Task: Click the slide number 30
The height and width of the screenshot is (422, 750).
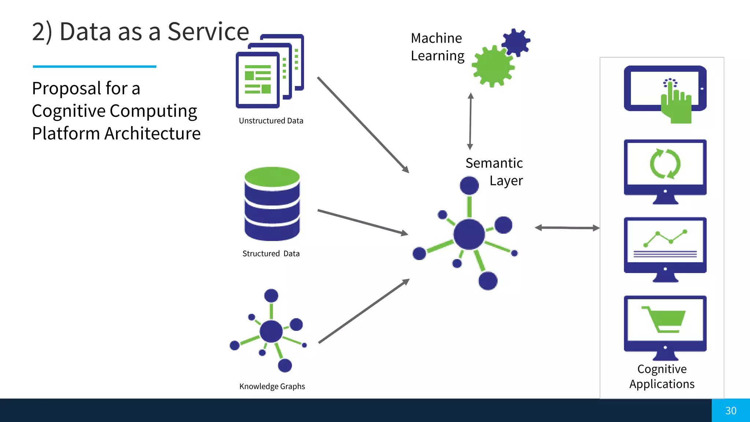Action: coord(731,411)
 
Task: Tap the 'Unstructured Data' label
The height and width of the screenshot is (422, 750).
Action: coord(271,121)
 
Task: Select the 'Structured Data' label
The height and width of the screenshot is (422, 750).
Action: coord(271,253)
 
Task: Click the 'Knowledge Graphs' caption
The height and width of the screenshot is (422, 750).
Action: coord(272,386)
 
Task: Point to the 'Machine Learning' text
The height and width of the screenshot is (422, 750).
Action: coord(437,47)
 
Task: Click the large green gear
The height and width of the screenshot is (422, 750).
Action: coord(492,66)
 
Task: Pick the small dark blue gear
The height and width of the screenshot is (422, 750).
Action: coord(516,42)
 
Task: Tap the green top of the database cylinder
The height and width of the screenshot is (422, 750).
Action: coord(272,176)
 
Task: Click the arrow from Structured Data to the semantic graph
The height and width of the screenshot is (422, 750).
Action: coord(363,222)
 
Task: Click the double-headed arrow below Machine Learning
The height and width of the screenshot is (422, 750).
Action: coord(471,121)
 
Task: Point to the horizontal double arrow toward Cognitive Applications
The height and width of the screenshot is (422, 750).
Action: coord(567,228)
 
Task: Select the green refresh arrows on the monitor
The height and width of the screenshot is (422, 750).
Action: coord(665,164)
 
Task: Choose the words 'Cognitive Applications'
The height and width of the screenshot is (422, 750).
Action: coord(662,377)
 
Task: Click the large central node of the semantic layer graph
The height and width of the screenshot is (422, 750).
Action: coord(469,234)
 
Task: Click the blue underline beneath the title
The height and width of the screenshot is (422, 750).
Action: coord(94,67)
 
